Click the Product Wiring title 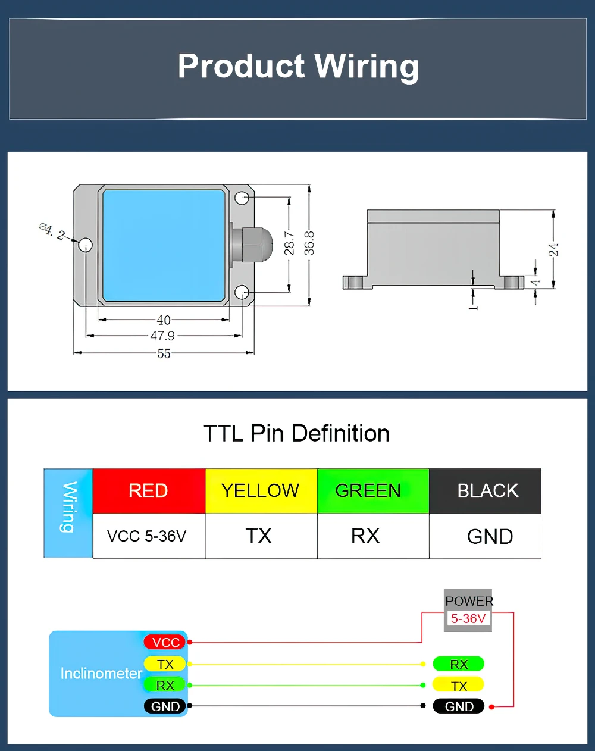[298, 66]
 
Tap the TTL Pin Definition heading [296, 433]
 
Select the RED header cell [149, 491]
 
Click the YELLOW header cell [261, 491]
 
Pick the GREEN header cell [369, 491]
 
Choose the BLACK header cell [487, 491]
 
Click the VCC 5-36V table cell [147, 536]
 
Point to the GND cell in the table [490, 537]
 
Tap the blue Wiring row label [68, 513]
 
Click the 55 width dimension [164, 353]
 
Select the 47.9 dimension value [162, 336]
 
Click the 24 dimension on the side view [554, 249]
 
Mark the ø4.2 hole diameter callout [52, 231]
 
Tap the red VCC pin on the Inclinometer [165, 642]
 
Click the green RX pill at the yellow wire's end [458, 664]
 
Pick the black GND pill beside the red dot [458, 706]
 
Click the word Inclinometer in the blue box [101, 674]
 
